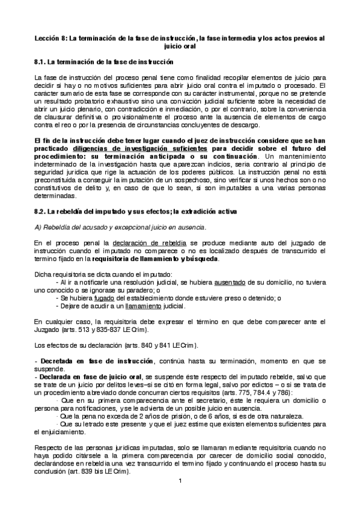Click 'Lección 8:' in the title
point(51,38)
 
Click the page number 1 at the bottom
point(180,480)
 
